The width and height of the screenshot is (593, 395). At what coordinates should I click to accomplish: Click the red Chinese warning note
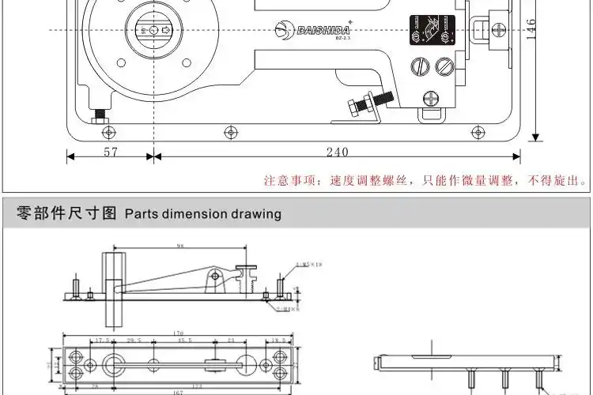425,181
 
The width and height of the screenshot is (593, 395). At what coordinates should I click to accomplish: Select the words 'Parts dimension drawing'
202,213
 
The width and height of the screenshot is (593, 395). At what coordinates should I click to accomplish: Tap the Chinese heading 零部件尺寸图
61,213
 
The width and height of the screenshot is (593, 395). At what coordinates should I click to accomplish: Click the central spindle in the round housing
150,30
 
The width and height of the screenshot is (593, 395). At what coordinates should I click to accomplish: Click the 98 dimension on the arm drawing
180,247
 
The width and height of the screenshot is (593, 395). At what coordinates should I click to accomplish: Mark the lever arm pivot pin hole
213,276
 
